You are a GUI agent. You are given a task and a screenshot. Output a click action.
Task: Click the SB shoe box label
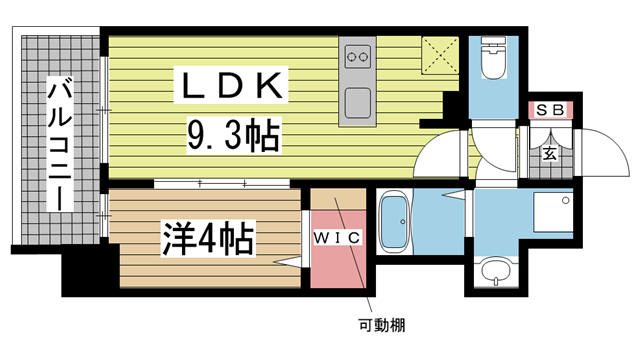[550, 110]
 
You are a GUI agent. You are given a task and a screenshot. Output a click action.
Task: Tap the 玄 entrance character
[550, 153]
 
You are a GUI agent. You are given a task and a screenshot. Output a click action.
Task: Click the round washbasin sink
[493, 271]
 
